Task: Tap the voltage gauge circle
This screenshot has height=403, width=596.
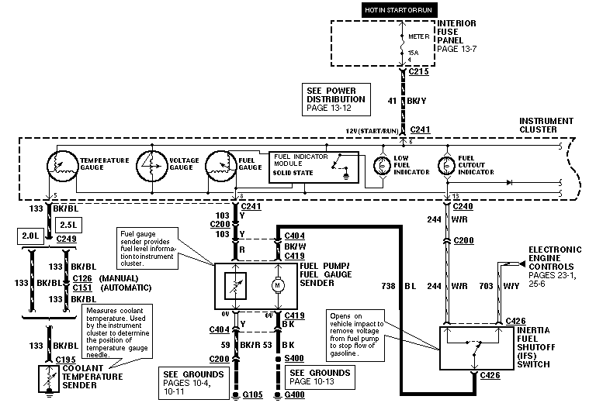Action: [x=153, y=165]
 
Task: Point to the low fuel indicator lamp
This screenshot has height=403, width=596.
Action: [x=380, y=166]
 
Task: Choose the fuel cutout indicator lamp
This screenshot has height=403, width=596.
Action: [x=445, y=166]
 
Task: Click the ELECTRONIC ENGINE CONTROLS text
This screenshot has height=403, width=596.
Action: [x=556, y=259]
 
